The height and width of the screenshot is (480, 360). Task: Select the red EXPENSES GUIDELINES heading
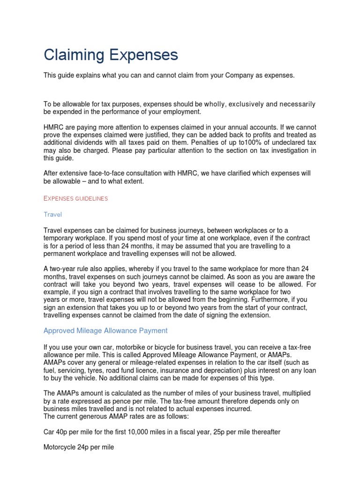pyautogui.click(x=75, y=198)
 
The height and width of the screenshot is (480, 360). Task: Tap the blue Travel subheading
pyautogui.click(x=52, y=214)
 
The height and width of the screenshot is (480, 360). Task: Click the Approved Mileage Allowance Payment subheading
pyautogui.click(x=105, y=330)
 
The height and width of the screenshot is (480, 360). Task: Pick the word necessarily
pyautogui.click(x=297, y=104)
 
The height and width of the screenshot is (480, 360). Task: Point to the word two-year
pyautogui.click(x=63, y=269)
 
